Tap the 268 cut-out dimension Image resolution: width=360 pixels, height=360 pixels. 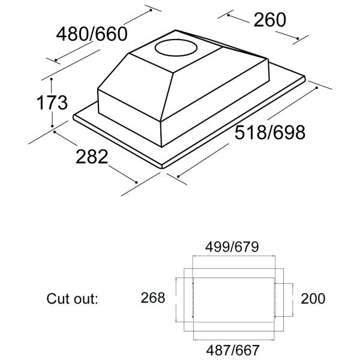(x=152, y=298)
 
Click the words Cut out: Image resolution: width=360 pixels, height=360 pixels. (x=71, y=298)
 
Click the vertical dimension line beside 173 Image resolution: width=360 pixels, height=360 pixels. (x=53, y=103)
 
